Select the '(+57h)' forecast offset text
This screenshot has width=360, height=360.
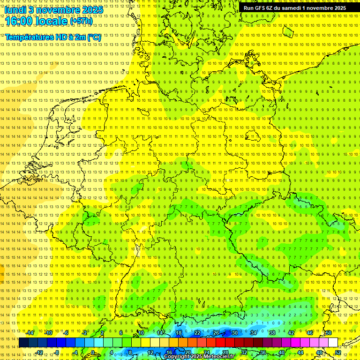(x=81, y=21)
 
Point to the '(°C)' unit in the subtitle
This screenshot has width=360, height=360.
(x=93, y=37)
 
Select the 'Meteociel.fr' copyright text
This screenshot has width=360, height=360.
(x=216, y=357)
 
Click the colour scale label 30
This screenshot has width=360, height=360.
(x=234, y=333)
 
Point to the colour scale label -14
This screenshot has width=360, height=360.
(x=30, y=333)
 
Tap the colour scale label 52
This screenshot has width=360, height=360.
(x=338, y=352)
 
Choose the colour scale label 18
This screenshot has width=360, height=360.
(x=179, y=333)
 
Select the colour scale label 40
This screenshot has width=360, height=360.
(x=281, y=352)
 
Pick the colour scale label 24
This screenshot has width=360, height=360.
(x=207, y=352)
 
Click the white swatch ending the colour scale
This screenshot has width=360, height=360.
(x=333, y=343)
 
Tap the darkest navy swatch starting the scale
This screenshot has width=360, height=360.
(x=23, y=343)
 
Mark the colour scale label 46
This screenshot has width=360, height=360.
(x=309, y=333)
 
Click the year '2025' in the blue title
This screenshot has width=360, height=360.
(x=92, y=9)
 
